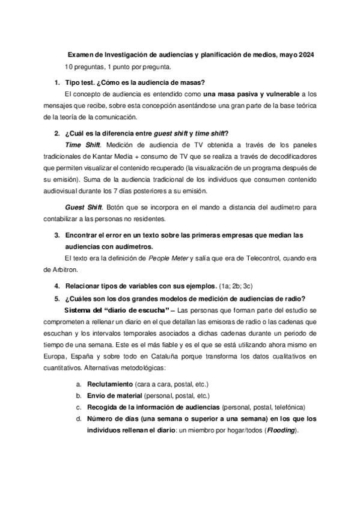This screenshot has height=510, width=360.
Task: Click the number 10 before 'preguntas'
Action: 70,66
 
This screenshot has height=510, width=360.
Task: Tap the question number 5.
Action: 56,299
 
